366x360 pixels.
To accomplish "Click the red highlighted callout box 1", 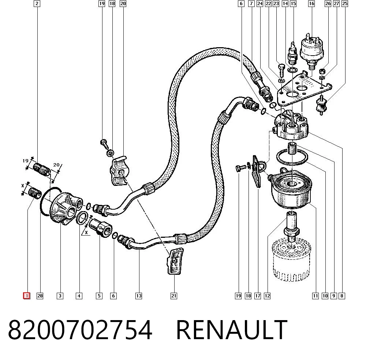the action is point(27,296).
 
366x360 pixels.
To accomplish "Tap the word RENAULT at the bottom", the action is point(232,330).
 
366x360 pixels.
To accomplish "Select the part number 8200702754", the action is point(80,330).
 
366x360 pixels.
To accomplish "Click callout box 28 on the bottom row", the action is point(40,296).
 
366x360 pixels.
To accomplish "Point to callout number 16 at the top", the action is point(311,4).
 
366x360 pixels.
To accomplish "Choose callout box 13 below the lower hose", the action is point(139,296).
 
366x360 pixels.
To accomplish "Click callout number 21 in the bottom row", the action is point(173,296).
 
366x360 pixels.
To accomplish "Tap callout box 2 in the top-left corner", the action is point(37,4).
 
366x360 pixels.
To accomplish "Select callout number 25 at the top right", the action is point(345,4).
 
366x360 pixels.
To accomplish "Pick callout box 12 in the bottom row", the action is point(267,296).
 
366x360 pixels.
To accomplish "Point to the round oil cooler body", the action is point(292,190).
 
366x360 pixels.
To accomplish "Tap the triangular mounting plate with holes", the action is point(303,89).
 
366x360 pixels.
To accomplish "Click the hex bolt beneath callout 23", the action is point(281,71).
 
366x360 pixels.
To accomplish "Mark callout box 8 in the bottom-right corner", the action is point(342,296).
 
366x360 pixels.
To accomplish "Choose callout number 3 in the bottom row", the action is point(60,296).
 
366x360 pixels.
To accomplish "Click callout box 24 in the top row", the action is point(260,4).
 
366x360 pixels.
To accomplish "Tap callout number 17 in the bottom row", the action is point(257,296).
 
